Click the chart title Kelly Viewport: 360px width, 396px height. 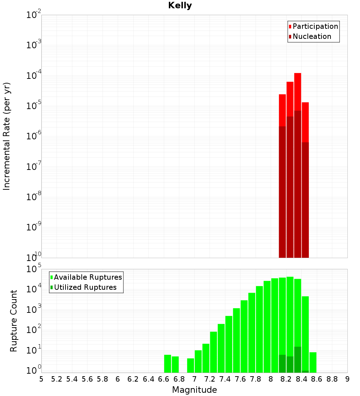click(180, 6)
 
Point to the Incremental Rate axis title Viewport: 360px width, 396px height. click(7, 136)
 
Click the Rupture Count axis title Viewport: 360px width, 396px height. click(14, 321)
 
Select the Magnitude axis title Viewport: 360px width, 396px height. click(194, 390)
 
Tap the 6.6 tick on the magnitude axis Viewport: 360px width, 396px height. click(164, 379)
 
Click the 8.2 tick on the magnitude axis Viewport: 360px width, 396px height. click(286, 379)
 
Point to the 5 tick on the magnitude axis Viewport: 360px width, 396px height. click(41, 379)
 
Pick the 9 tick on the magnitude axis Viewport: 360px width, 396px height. click(347, 379)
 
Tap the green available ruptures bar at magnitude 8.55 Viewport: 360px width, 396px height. click(313, 362)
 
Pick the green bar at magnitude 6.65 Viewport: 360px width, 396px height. click(167, 364)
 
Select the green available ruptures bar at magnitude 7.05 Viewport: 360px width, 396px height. click(198, 361)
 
